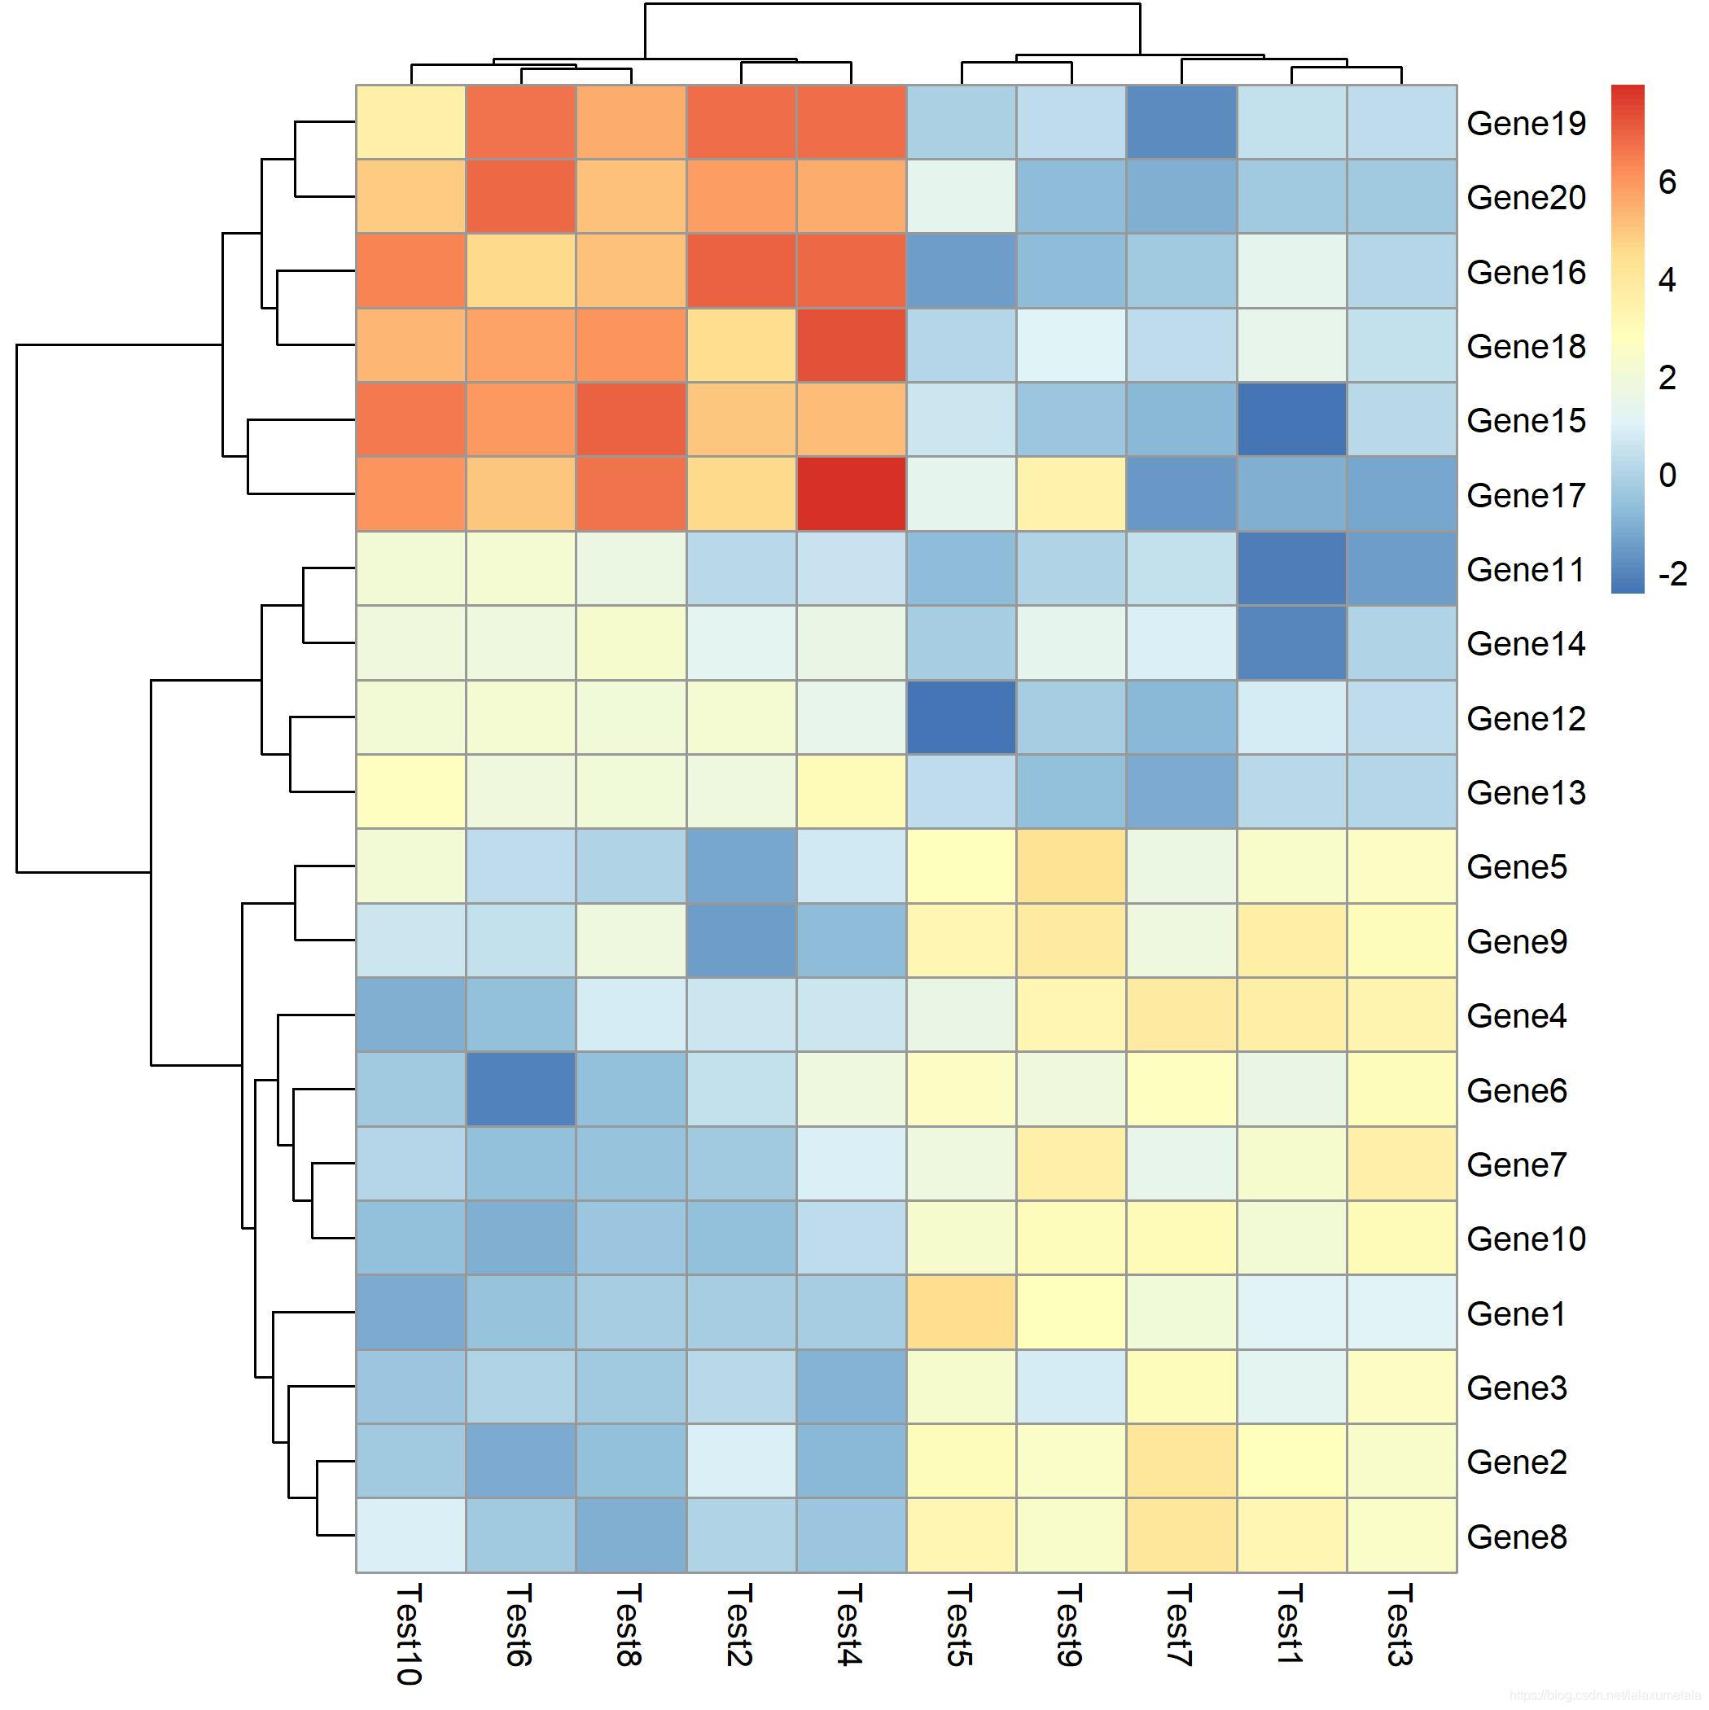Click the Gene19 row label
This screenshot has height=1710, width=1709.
[x=1526, y=123]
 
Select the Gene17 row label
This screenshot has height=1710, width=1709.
[x=1526, y=495]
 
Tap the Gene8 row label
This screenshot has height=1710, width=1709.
[x=1517, y=1537]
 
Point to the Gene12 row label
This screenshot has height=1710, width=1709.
[x=1526, y=718]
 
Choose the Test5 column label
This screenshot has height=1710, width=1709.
[x=959, y=1625]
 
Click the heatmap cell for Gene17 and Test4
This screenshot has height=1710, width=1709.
[x=852, y=494]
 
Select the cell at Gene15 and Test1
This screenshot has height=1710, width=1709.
[x=1291, y=419]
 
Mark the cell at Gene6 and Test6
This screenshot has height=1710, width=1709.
[x=520, y=1089]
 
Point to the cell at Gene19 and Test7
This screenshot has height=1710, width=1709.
[x=1181, y=122]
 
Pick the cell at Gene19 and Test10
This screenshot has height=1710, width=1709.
[x=410, y=122]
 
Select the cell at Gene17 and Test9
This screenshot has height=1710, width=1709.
[x=1071, y=494]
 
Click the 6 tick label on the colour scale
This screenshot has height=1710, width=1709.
[x=1667, y=182]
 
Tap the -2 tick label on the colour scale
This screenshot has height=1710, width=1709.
[x=1672, y=574]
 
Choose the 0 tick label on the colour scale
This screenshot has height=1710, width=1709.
[x=1667, y=476]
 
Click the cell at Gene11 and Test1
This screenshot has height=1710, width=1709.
[x=1291, y=568]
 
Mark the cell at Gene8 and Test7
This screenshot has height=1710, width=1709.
[x=1181, y=1535]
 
